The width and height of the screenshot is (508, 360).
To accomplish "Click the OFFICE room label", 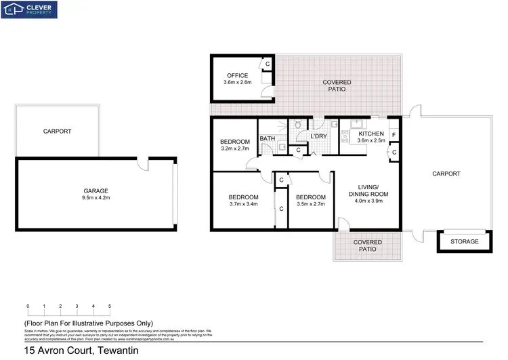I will [x=237, y=75].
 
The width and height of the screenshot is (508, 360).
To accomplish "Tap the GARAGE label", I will [x=96, y=191].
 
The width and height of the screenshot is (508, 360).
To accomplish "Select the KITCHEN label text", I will [x=371, y=134].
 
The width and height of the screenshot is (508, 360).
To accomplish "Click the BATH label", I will [x=267, y=138].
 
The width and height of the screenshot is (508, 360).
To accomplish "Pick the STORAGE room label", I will [x=465, y=241].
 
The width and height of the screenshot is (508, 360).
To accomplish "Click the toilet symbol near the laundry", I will [x=297, y=125].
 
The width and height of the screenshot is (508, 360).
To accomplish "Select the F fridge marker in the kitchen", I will [x=394, y=135].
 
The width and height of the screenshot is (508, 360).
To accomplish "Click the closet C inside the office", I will [x=268, y=64].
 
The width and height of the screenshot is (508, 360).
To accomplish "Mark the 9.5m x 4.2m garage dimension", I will [x=96, y=199].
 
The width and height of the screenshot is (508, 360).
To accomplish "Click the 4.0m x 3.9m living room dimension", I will [x=373, y=201].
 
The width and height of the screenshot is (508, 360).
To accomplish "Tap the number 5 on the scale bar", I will [x=110, y=306].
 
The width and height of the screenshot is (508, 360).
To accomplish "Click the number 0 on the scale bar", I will [x=28, y=306].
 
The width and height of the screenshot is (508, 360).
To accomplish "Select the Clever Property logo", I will [x=30, y=9].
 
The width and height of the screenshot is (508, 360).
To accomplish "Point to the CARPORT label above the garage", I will [x=57, y=132].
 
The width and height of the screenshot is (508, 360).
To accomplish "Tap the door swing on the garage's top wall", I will [x=144, y=163].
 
